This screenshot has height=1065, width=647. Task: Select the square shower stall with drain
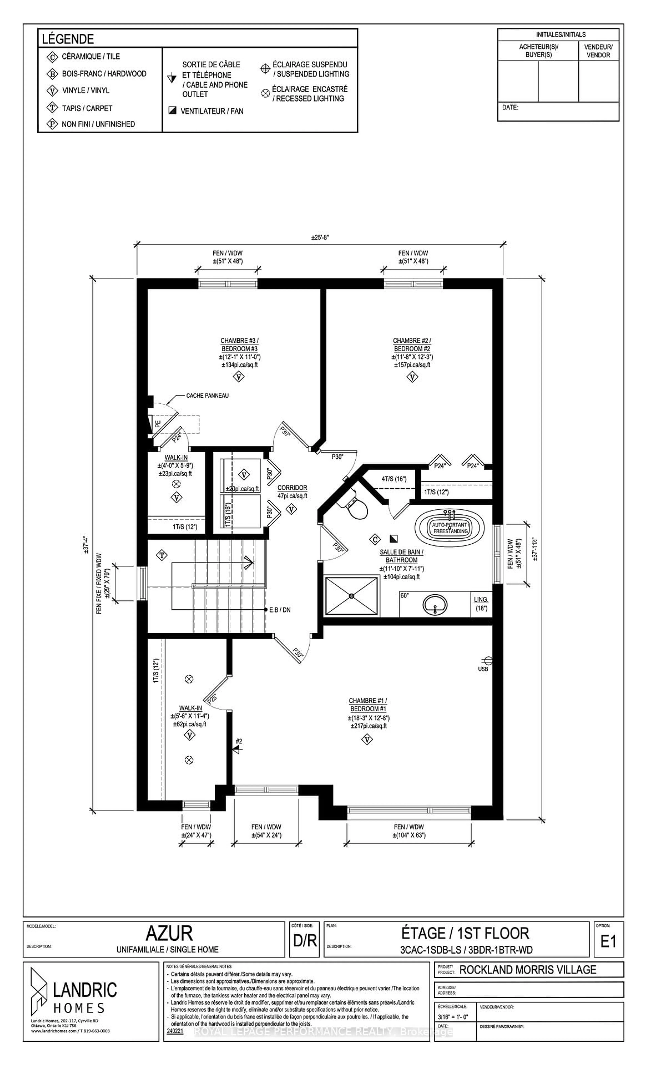click(351, 596)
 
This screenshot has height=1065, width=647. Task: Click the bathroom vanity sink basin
click(434, 604)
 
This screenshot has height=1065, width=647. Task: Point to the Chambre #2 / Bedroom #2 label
click(412, 344)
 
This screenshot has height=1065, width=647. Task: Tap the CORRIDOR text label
click(292, 488)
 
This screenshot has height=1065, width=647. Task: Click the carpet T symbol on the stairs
click(162, 555)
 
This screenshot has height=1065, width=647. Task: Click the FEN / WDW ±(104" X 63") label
click(409, 831)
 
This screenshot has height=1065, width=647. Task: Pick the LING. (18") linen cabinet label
click(481, 604)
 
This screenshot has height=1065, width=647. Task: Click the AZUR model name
click(169, 934)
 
